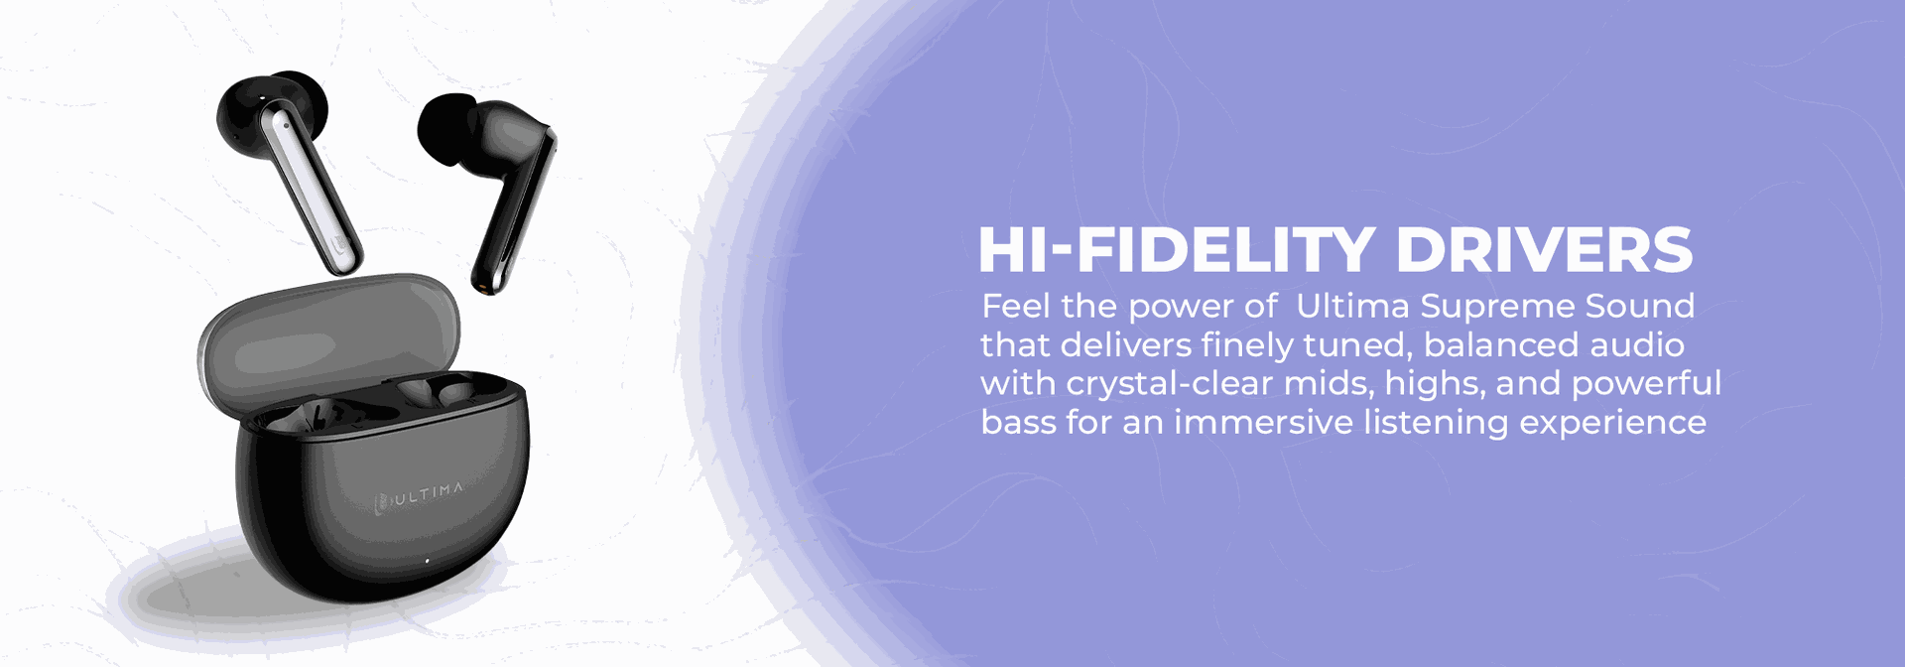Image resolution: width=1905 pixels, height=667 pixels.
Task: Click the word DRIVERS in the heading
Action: [1544, 249]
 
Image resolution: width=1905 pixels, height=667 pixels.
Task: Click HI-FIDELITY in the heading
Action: [1176, 249]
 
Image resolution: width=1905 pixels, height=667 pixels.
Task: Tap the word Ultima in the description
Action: [1353, 306]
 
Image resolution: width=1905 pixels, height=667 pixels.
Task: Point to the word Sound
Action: [1640, 306]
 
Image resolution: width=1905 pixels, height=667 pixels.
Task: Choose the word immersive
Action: [1264, 423]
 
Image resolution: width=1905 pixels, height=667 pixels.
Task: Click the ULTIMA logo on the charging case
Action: [419, 496]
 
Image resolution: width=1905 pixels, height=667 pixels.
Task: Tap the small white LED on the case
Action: [428, 561]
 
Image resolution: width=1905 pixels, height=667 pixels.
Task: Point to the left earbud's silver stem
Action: [309, 189]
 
